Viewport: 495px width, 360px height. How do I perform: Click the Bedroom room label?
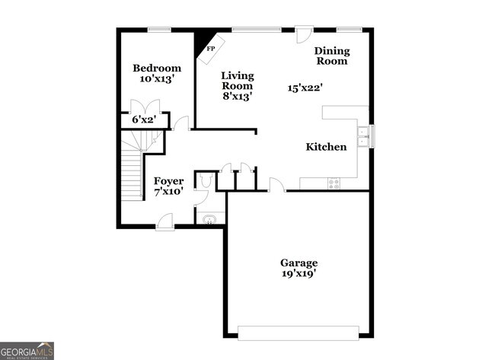157,68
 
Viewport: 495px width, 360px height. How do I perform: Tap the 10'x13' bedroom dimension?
157,78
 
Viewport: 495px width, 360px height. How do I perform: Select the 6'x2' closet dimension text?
144,119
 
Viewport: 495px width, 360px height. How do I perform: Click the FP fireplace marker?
210,49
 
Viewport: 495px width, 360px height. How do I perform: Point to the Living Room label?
238,81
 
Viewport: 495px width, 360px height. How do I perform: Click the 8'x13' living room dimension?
238,97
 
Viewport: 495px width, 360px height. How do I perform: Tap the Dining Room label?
332,56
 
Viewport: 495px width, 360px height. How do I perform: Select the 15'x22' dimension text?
305,88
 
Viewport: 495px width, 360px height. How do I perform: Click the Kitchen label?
326,147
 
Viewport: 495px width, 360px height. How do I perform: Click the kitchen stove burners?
333,183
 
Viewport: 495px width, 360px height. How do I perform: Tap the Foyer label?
168,180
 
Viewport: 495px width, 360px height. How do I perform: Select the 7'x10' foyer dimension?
168,192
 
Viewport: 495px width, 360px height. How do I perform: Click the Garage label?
299,263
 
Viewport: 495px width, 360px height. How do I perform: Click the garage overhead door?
298,332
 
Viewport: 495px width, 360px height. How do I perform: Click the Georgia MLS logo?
27,350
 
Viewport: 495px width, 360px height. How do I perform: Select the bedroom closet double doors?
144,107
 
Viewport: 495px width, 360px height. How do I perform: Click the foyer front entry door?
164,222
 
